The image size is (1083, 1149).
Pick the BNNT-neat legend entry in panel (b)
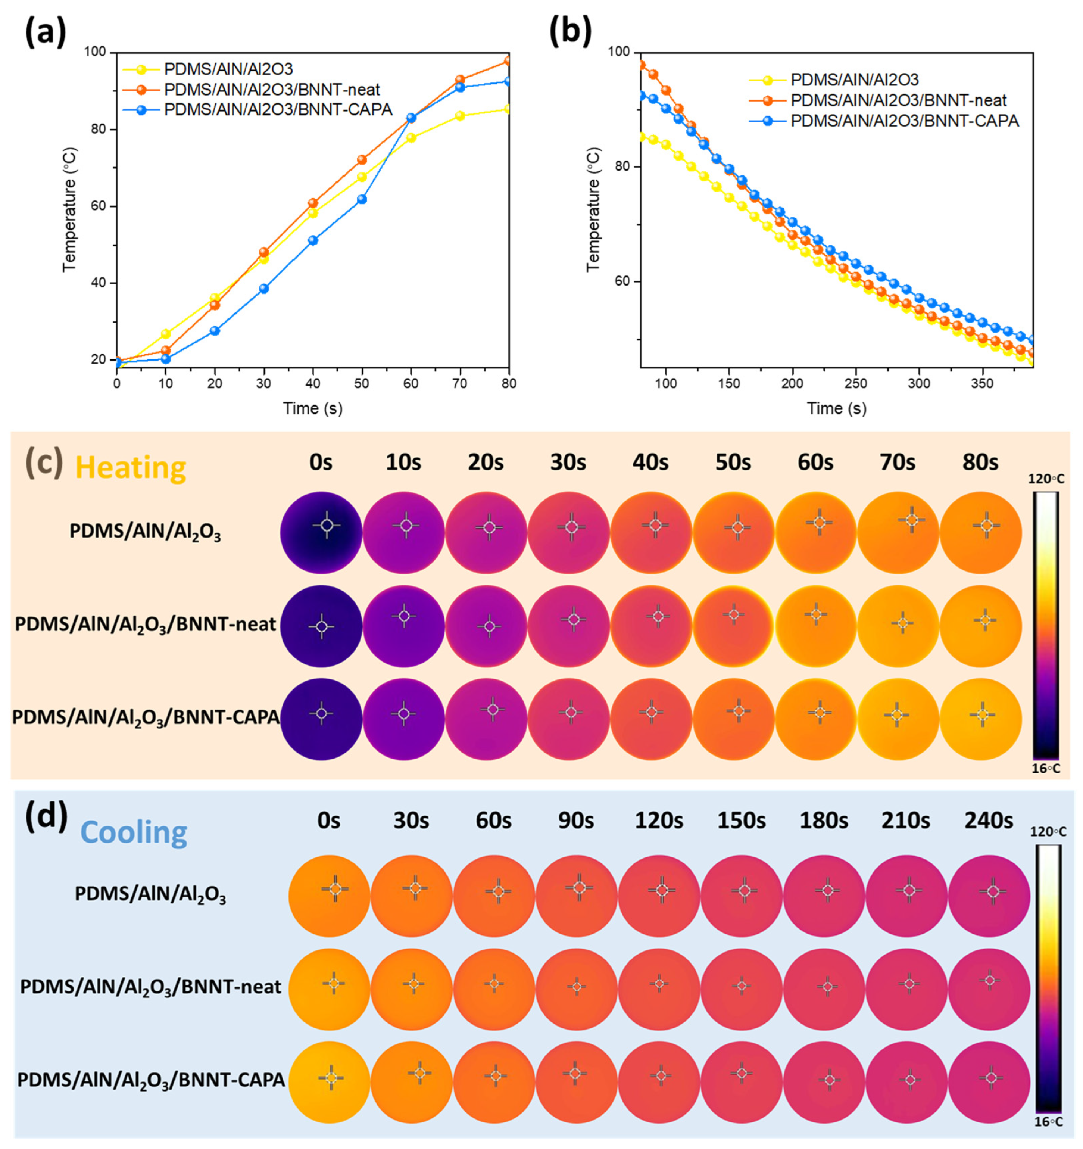tap(898, 100)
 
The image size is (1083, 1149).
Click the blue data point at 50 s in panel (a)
tap(362, 199)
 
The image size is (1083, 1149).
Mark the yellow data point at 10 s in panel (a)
tap(166, 334)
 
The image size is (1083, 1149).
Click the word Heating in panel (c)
tap(131, 468)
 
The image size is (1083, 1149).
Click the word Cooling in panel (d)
tap(134, 833)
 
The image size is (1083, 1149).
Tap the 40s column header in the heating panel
tap(651, 463)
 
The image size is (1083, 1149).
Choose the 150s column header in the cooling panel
tap(742, 821)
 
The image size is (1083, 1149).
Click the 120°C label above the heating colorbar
tap(1046, 479)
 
